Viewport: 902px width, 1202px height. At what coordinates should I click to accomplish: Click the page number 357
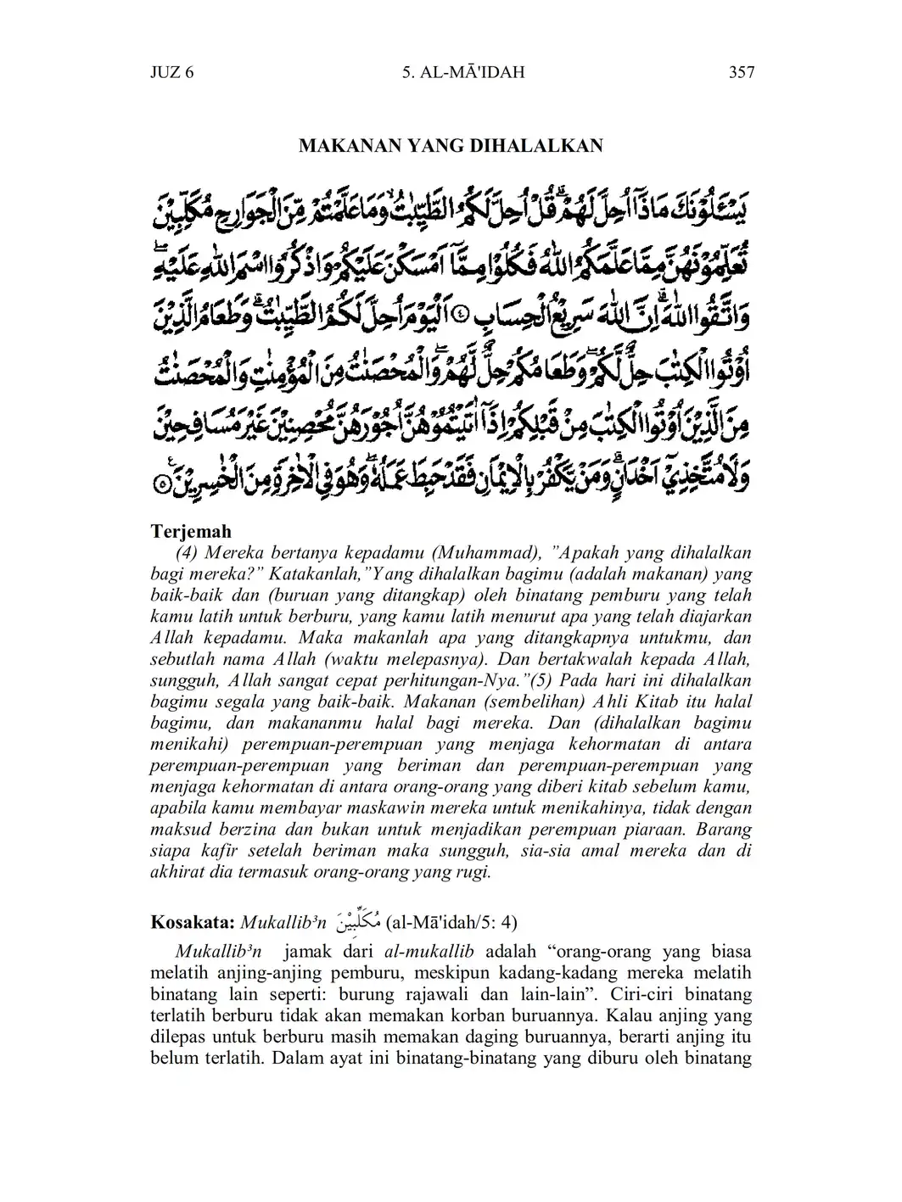tap(741, 72)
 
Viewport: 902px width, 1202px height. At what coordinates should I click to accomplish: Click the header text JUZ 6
tap(172, 72)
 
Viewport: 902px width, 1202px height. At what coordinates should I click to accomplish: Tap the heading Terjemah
tap(191, 532)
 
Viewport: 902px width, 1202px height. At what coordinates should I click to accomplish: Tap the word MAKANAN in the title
tap(342, 146)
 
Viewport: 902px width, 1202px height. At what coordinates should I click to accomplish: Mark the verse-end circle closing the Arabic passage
tap(163, 486)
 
